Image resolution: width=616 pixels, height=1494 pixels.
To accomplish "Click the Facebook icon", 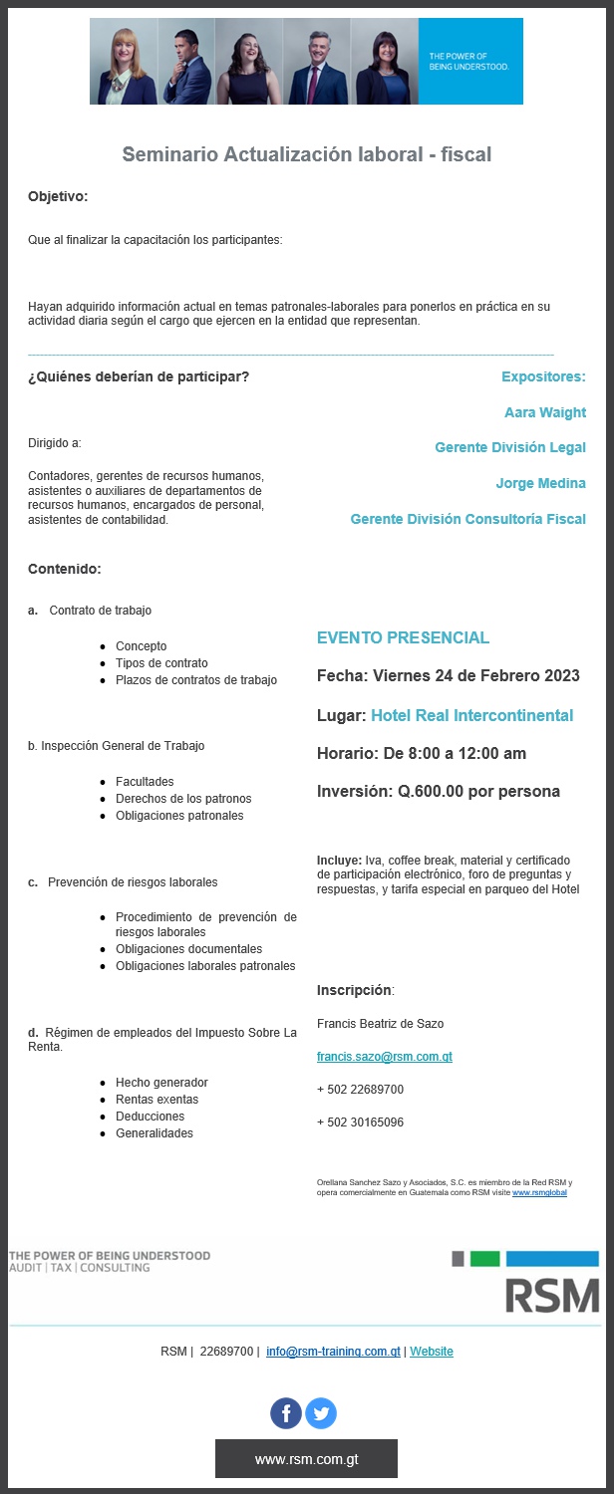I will pyautogui.click(x=286, y=1412).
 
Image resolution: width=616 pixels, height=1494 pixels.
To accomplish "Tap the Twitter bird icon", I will pyautogui.click(x=321, y=1412).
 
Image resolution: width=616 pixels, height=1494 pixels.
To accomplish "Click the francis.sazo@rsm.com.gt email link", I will pyautogui.click(x=384, y=1056).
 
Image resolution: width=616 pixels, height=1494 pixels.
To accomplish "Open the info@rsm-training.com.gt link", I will pyautogui.click(x=333, y=1352).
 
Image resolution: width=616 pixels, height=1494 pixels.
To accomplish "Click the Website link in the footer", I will pyautogui.click(x=431, y=1352).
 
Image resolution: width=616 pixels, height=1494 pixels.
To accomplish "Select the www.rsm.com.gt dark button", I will pyautogui.click(x=306, y=1458).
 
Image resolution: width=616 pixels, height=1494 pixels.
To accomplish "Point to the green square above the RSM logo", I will pyautogui.click(x=484, y=1259).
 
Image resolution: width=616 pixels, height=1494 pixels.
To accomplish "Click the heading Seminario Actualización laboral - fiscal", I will pyautogui.click(x=306, y=154).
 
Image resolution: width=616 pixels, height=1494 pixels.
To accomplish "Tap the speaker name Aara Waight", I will pyautogui.click(x=544, y=412).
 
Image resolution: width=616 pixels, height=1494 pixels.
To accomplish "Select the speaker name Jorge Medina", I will pyautogui.click(x=540, y=483).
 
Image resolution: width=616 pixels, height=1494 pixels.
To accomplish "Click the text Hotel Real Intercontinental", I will pyautogui.click(x=471, y=715).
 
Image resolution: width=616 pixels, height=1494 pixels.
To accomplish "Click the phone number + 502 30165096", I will pyautogui.click(x=360, y=1121).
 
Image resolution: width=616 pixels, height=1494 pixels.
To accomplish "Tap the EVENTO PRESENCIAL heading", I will pyautogui.click(x=403, y=637).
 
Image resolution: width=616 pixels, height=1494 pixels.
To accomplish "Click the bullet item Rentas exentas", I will pyautogui.click(x=156, y=1099).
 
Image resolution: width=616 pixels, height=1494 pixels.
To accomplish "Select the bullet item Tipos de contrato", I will pyautogui.click(x=161, y=663).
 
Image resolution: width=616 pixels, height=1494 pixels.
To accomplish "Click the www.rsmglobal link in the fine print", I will pyautogui.click(x=539, y=1192).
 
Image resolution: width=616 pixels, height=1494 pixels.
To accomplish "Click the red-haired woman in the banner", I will pyautogui.click(x=124, y=62).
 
